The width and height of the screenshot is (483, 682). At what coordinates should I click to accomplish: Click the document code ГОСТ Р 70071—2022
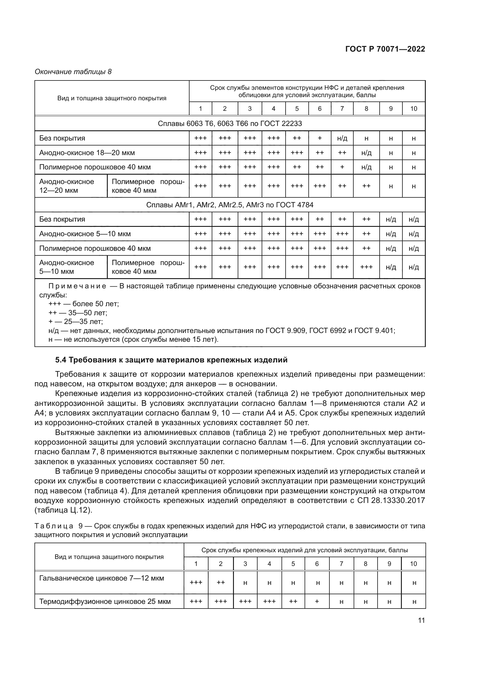pos(385,49)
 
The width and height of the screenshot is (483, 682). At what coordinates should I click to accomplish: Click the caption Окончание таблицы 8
pos(73,72)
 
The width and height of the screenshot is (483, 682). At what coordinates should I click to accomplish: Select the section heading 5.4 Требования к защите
pos(171,360)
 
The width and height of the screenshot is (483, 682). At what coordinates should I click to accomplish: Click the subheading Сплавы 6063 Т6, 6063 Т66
pos(230,124)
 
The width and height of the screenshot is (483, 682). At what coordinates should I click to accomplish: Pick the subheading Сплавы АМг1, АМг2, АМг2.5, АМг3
pos(230,205)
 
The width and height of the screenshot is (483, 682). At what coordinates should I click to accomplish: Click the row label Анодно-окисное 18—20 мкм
pos(87,153)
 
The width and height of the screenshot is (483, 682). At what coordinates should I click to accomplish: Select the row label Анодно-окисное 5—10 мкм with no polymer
pos(85,234)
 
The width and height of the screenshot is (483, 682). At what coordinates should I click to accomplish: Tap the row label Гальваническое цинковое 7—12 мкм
pos(101,578)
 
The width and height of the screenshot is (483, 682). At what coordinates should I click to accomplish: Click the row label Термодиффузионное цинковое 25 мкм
pos(105,602)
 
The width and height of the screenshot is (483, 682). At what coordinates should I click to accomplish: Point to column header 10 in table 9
pos(413,564)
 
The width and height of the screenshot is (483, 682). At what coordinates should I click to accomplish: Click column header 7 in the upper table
pos(342,109)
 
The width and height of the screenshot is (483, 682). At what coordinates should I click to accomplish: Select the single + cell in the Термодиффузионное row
pos(317,602)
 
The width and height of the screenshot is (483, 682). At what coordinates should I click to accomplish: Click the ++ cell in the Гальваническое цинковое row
pos(221,583)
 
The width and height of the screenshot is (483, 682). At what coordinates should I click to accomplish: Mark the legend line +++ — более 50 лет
pos(84,304)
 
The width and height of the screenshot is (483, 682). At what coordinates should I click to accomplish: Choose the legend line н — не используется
pos(133,339)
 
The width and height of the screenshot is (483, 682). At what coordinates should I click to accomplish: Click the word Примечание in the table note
pos(77,286)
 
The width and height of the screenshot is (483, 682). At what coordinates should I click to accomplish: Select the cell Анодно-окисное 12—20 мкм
pos(67,186)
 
